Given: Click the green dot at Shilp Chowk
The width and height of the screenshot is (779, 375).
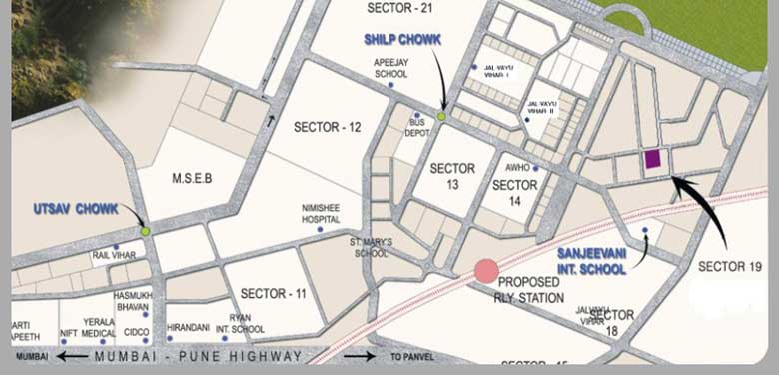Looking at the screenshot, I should [441, 116].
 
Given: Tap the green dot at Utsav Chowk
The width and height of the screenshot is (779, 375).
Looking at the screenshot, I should [146, 231].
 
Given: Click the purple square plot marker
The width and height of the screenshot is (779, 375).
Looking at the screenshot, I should [652, 159].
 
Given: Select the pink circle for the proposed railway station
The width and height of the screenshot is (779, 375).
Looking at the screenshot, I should [486, 270].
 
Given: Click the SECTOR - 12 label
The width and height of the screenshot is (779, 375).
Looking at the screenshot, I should [328, 127].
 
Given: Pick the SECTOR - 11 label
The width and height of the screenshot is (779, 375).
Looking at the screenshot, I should [273, 293].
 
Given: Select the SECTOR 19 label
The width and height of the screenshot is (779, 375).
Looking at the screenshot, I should [730, 267].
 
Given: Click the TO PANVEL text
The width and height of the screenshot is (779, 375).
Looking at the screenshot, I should [409, 357].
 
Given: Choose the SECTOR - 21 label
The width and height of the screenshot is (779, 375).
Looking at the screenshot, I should [400, 7].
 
